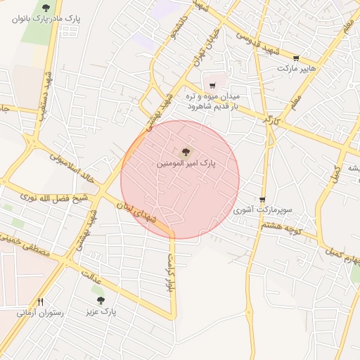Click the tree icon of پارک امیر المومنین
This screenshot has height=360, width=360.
186,151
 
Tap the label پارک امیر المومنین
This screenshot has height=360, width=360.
187,163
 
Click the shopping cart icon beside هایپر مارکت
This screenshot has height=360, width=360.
296,58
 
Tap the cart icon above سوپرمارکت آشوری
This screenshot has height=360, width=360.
262,200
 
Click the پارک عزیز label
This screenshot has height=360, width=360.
101,310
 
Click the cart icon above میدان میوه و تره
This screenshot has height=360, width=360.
212,86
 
